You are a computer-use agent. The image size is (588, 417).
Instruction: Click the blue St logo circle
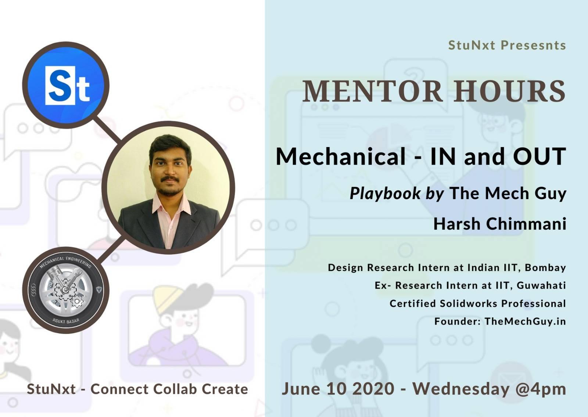[66, 85]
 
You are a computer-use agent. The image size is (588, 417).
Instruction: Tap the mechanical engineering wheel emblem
[66, 290]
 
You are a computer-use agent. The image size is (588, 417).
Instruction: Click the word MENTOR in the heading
[373, 91]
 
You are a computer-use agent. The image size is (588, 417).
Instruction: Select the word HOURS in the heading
[509, 91]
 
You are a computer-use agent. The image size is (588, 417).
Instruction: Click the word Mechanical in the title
[340, 157]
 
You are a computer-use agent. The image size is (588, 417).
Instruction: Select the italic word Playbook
[385, 194]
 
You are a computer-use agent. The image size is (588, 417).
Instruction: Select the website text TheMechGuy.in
[525, 321]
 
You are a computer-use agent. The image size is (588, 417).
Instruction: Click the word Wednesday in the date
[461, 389]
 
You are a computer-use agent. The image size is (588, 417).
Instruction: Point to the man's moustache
[170, 179]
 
